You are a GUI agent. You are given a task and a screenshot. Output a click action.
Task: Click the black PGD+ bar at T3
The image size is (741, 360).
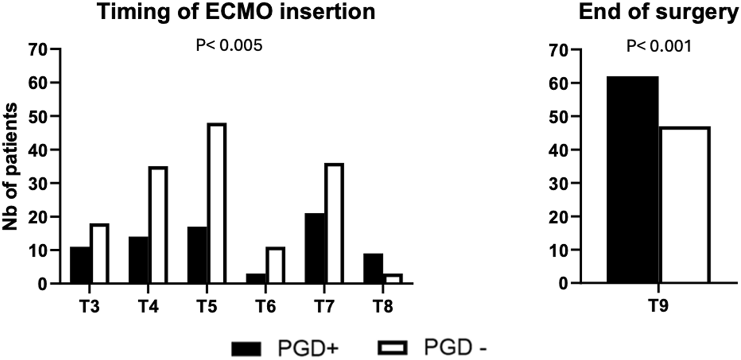click(x=80, y=265)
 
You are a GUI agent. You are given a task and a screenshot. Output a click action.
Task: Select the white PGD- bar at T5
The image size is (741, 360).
click(x=217, y=204)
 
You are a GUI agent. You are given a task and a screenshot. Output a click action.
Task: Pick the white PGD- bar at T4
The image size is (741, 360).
click(x=158, y=225)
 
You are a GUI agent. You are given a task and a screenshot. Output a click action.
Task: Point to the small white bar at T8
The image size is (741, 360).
click(x=392, y=278)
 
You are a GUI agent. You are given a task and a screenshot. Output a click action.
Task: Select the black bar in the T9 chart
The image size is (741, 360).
click(x=632, y=180)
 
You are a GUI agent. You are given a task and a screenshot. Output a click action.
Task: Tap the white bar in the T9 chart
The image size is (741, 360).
click(x=684, y=205)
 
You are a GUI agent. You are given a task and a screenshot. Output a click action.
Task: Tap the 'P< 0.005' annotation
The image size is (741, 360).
click(x=229, y=45)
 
